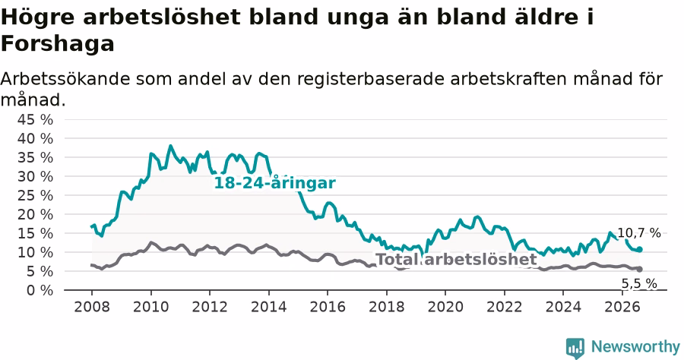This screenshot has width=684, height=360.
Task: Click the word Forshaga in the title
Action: pyautogui.click(x=58, y=43)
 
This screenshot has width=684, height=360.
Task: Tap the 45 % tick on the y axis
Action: pyautogui.click(x=35, y=119)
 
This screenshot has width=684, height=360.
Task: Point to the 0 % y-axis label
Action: pyautogui.click(x=40, y=290)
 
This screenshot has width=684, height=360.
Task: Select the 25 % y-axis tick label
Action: pyautogui.click(x=35, y=195)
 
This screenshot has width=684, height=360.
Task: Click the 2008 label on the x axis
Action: pyautogui.click(x=92, y=307)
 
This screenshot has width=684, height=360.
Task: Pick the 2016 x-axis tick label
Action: pyautogui.click(x=327, y=307)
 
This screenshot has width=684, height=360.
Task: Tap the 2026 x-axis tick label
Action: pyautogui.click(x=622, y=307)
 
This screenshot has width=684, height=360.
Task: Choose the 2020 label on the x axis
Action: pyautogui.click(x=445, y=307)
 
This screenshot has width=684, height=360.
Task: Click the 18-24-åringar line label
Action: pyautogui.click(x=275, y=183)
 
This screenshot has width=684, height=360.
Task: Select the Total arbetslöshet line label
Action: pyautogui.click(x=456, y=259)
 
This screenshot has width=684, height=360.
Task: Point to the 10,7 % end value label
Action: pyautogui.click(x=639, y=233)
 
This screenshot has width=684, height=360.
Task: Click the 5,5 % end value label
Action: pyautogui.click(x=639, y=284)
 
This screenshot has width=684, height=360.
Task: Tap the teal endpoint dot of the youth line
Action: pyautogui.click(x=639, y=249)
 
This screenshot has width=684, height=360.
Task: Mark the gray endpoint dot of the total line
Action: pyautogui.click(x=639, y=270)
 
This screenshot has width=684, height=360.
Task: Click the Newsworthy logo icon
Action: pyautogui.click(x=575, y=348)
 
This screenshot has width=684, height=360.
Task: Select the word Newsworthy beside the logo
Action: pyautogui.click(x=635, y=347)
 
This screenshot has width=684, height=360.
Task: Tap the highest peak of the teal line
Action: pyautogui.click(x=170, y=146)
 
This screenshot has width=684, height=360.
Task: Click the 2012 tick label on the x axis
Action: pyautogui.click(x=210, y=307)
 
